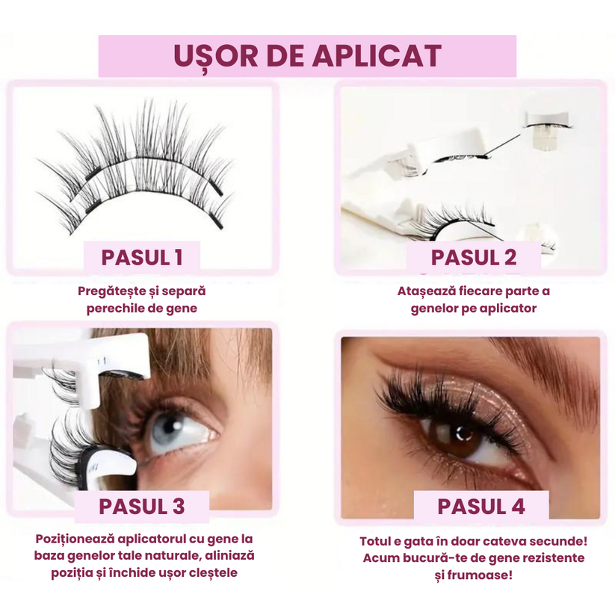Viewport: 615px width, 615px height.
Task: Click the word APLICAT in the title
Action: pyautogui.click(x=377, y=56)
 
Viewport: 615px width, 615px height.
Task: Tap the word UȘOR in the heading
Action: pyautogui.click(x=216, y=57)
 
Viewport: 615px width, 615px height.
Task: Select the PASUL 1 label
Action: pyautogui.click(x=142, y=258)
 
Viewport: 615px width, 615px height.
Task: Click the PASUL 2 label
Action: pyautogui.click(x=474, y=258)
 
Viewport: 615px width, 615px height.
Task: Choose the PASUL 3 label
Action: pyautogui.click(x=141, y=507)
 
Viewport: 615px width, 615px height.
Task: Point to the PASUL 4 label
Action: pyautogui.click(x=481, y=507)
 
